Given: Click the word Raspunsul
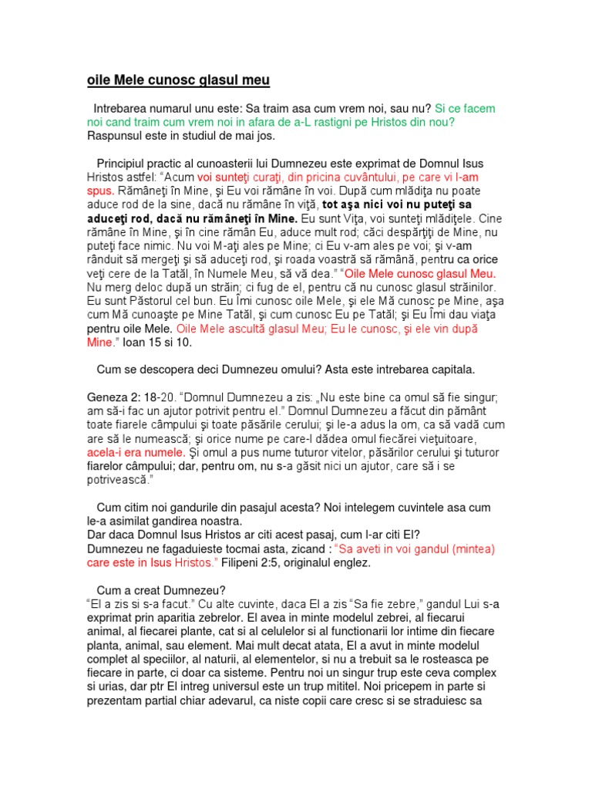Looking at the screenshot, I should tap(115, 136).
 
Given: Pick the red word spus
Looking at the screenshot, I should tap(100, 191).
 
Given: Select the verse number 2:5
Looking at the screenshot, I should tap(281, 562).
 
